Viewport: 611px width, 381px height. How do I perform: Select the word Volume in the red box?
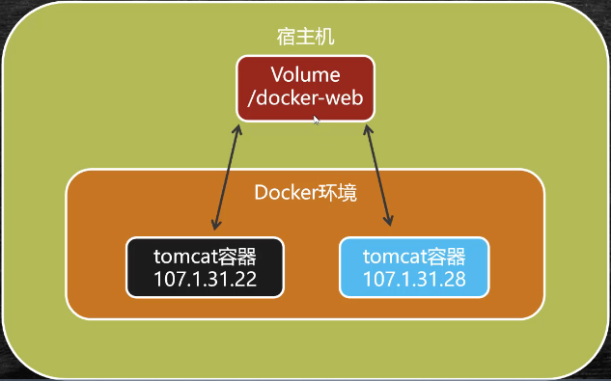(x=305, y=75)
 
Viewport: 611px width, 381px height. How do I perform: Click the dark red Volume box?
(x=305, y=86)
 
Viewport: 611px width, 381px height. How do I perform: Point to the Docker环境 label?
(x=305, y=193)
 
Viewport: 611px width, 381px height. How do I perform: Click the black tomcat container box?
(x=205, y=267)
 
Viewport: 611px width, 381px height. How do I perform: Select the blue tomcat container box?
(x=414, y=267)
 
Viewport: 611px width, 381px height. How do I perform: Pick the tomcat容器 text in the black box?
(x=205, y=257)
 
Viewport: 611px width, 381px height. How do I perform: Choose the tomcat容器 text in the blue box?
(x=414, y=257)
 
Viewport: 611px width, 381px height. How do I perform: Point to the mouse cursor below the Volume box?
(x=317, y=121)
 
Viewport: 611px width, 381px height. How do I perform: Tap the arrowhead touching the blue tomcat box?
(x=392, y=223)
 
